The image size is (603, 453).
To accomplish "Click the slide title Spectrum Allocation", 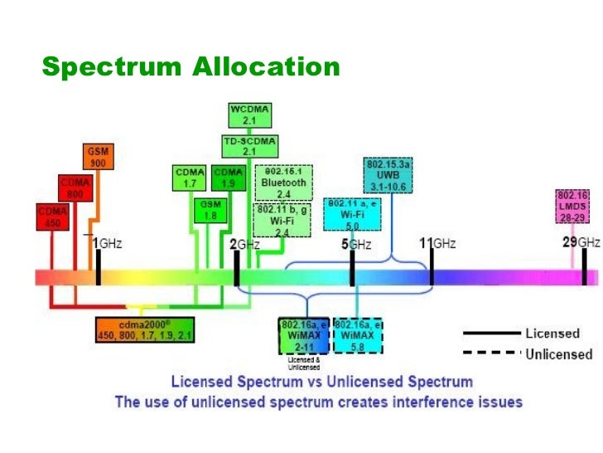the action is click(191, 66).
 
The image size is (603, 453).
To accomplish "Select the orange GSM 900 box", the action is click(98, 158).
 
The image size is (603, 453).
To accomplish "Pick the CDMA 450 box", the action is click(51, 217).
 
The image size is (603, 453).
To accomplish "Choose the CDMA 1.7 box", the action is click(190, 177).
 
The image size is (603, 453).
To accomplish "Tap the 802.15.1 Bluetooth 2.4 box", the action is click(283, 183).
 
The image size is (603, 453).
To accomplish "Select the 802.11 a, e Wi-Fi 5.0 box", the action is click(350, 213).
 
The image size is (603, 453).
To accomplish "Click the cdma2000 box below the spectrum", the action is click(144, 329).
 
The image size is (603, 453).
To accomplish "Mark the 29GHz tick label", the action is click(581, 242).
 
